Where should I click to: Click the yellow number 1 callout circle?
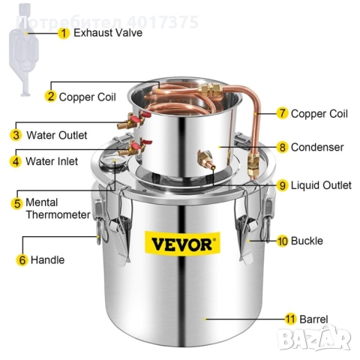click(64, 33)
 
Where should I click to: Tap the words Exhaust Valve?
click(109, 33)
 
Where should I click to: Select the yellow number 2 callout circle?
click(51, 96)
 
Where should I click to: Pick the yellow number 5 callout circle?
click(16, 202)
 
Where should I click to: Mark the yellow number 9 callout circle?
click(282, 184)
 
